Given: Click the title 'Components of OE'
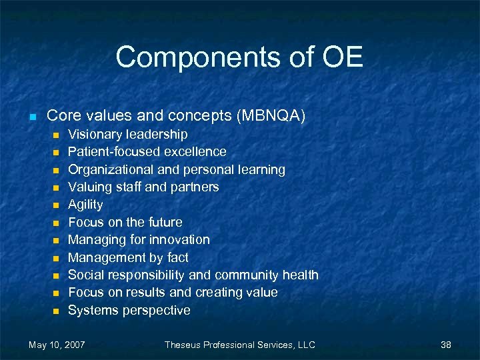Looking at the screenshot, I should click(239, 57).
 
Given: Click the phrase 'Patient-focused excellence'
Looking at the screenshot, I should click(147, 152).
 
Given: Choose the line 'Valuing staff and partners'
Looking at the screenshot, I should click(143, 187).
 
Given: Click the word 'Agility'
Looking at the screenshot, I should click(85, 205).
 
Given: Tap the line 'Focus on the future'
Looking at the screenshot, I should click(125, 222).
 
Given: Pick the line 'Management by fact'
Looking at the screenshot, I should click(128, 257).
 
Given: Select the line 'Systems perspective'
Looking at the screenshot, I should click(129, 310).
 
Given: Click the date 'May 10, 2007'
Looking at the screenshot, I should click(57, 345).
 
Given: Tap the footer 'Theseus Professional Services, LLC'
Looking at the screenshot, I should click(240, 345).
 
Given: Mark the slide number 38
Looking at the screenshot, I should click(446, 345).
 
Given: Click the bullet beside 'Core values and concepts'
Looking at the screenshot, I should click(31, 117).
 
